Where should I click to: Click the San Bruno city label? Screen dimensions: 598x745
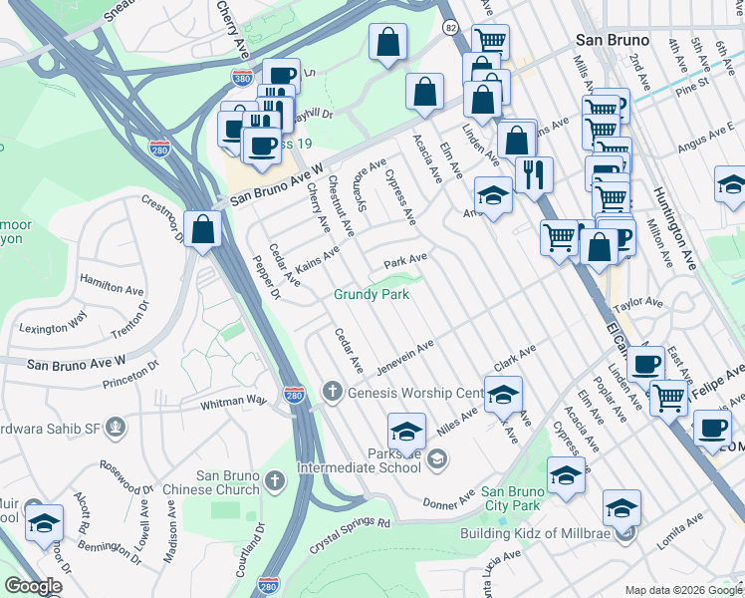tap(613, 40)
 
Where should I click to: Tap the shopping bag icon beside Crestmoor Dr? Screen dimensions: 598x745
tap(203, 229)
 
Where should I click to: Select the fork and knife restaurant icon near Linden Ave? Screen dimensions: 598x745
tap(534, 174)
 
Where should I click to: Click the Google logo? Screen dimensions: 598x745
tap(33, 586)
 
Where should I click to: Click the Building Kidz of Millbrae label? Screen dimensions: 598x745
tap(534, 533)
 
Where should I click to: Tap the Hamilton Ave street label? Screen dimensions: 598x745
tap(112, 288)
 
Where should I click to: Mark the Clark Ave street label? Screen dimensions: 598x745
tap(516, 357)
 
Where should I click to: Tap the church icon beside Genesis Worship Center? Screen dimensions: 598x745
tap(332, 392)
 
